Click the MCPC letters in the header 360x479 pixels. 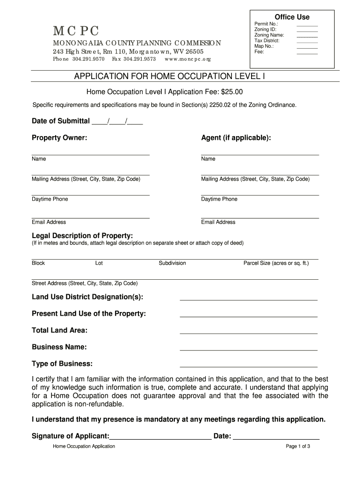coord(76,31)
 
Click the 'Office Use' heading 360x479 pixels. coord(292,17)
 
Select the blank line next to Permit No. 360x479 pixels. coord(307,25)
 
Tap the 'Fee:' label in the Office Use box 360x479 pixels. coord(259,52)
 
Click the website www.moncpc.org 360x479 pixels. coord(188,59)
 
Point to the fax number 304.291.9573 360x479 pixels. coord(139,59)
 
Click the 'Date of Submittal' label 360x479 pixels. coord(61,121)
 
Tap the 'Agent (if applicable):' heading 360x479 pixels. coord(236,138)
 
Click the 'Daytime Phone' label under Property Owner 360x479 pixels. coord(50,199)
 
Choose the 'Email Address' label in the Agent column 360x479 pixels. coord(218,222)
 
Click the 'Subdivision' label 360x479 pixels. coord(172,263)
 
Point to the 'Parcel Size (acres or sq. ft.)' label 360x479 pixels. coord(276,263)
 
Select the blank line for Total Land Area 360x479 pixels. coord(248,333)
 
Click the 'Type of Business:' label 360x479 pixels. coord(62,364)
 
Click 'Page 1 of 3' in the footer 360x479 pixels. coord(298,446)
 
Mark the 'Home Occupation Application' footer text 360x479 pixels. coord(84,446)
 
